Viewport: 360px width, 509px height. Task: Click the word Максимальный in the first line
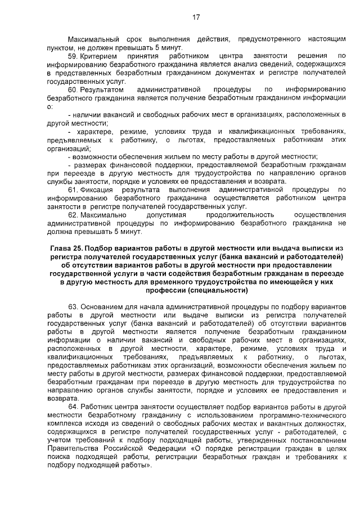click(93, 40)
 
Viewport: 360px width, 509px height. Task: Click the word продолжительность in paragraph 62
click(240, 214)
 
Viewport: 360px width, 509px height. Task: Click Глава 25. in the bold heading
click(66, 248)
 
